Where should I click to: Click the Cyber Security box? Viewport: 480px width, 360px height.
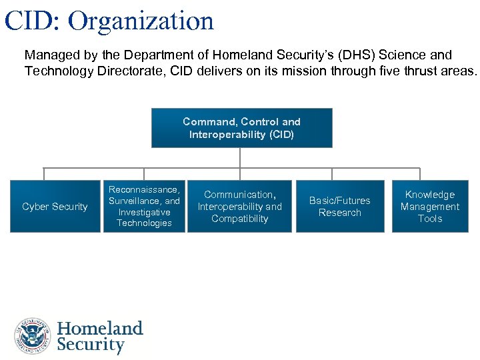pos(55,207)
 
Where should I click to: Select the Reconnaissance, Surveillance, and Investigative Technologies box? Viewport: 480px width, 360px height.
pos(144,207)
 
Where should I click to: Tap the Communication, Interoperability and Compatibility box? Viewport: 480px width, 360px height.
pos(239,207)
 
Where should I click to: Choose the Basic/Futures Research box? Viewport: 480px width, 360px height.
pos(339,207)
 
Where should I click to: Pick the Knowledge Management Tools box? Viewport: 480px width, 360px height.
pos(429,207)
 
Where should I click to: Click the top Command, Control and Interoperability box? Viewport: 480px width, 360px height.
pos(241,128)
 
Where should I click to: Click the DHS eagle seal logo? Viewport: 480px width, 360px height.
pos(33,336)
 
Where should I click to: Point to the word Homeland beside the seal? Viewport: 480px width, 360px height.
pos(100,329)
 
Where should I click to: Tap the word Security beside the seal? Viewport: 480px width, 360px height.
pos(91,345)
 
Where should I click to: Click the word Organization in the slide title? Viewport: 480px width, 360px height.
pos(141,21)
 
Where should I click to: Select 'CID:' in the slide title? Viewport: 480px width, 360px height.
pos(32,21)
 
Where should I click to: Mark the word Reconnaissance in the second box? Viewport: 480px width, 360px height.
pos(144,190)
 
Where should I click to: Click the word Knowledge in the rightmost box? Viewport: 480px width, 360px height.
pos(430,195)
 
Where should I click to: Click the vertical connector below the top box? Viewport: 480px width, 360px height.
pos(241,157)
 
